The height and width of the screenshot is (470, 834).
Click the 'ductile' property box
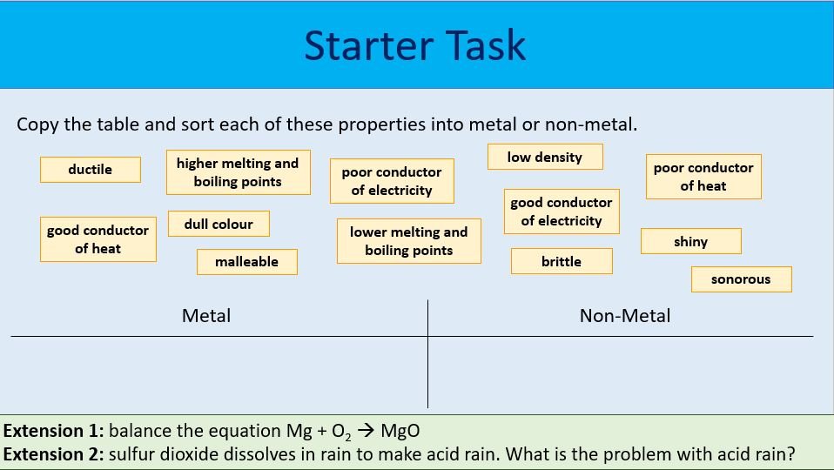[x=91, y=170]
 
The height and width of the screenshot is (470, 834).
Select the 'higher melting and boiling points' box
[x=238, y=172]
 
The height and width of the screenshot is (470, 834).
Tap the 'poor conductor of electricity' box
[x=392, y=181]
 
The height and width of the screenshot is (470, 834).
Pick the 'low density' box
[x=545, y=158]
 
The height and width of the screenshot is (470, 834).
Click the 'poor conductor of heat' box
[x=703, y=177]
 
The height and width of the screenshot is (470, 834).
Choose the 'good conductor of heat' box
[x=98, y=239]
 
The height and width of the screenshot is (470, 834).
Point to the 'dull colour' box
[x=219, y=224]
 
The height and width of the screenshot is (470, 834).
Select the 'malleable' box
[x=247, y=262]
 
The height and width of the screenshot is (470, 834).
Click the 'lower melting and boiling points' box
[x=409, y=241]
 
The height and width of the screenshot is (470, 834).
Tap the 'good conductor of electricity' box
[x=562, y=211]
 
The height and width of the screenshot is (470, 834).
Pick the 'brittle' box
[x=562, y=261]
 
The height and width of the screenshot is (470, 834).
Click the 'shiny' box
[x=691, y=241]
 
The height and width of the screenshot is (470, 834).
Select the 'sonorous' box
[x=741, y=279]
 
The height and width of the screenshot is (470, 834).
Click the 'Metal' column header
[x=206, y=316]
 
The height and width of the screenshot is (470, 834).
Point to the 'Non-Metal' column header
[x=625, y=316]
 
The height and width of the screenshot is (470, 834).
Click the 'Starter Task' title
[x=415, y=45]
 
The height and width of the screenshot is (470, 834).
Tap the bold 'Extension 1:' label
[x=54, y=431]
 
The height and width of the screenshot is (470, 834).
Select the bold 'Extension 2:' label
[x=54, y=453]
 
